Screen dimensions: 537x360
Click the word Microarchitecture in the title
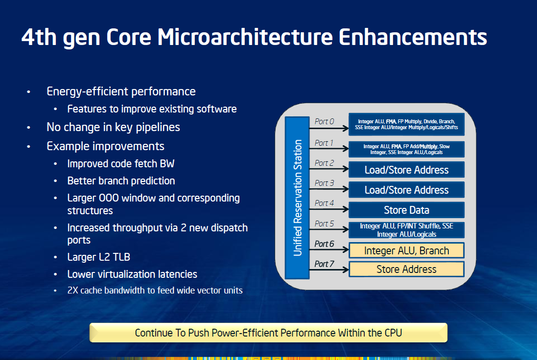(x=245, y=37)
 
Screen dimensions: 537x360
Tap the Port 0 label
(x=324, y=121)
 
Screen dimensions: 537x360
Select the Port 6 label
(x=324, y=244)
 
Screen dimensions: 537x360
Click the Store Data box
(x=406, y=210)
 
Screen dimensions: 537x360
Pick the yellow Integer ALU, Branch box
(x=406, y=250)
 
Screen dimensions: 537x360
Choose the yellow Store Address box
(x=406, y=269)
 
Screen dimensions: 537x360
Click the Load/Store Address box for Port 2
(x=406, y=170)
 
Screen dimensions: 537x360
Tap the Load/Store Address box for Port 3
(x=406, y=190)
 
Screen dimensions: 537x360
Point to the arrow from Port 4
(x=329, y=209)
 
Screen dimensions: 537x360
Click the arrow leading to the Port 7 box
(x=329, y=270)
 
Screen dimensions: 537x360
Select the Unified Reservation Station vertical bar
(x=297, y=198)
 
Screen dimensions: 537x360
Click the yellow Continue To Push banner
(x=268, y=333)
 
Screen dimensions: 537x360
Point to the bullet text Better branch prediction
(x=121, y=180)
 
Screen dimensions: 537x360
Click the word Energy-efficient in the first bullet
(x=87, y=91)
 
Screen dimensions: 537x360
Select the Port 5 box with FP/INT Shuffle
(x=406, y=230)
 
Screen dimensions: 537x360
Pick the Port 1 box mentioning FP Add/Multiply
(x=406, y=149)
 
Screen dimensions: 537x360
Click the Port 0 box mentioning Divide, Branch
(x=406, y=125)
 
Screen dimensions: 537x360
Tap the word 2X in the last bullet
(x=72, y=291)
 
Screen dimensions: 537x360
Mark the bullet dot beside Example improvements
(x=29, y=146)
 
